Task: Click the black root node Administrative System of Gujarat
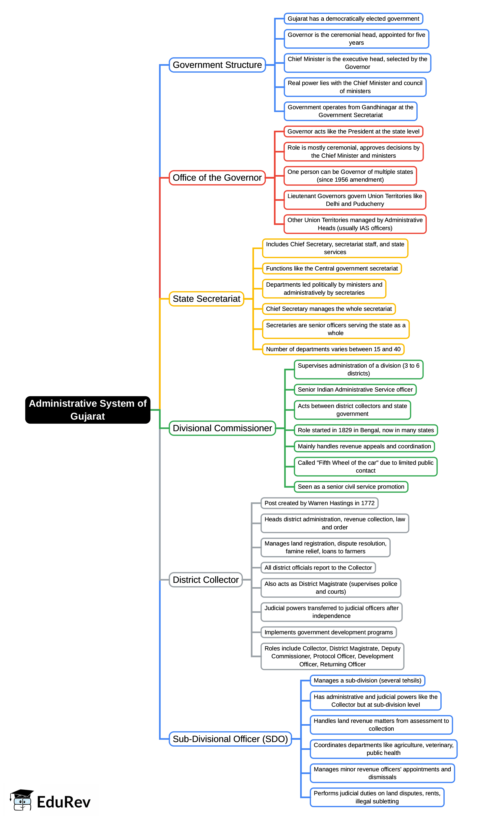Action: (88, 409)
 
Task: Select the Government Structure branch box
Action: (217, 65)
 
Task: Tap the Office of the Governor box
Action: (217, 178)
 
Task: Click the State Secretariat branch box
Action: (206, 298)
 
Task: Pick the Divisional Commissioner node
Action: (222, 428)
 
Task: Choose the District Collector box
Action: (206, 580)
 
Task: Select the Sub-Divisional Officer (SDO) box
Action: (230, 739)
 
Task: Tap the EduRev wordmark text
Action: (64, 802)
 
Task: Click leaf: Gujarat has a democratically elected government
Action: (353, 19)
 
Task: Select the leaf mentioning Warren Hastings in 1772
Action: (319, 503)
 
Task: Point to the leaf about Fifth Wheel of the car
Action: (365, 467)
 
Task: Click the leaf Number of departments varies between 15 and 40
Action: (333, 349)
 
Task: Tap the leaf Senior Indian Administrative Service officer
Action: (355, 390)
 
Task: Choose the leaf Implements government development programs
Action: (328, 632)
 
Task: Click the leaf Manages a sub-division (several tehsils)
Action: (367, 680)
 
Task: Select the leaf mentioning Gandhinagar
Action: (350, 111)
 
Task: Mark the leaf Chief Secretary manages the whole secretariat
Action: (329, 309)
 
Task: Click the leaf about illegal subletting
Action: (377, 797)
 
